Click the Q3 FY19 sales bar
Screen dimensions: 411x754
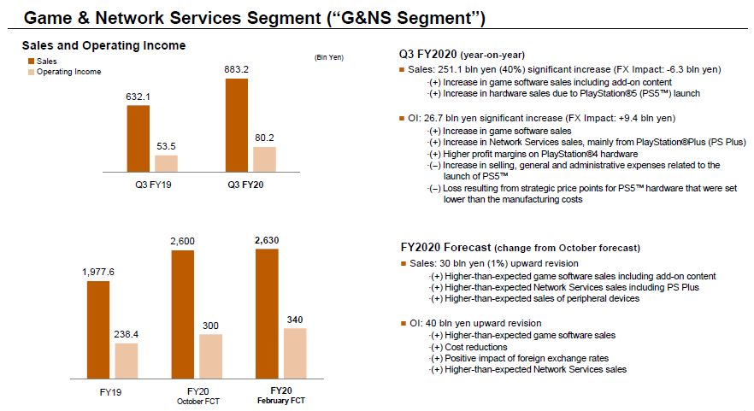coord(138,139)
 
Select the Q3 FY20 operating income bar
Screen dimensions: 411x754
coord(264,160)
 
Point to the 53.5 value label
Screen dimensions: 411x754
coord(166,146)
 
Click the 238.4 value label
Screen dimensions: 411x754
coord(127,335)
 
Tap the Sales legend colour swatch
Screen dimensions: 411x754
coord(29,62)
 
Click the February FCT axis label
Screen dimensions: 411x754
coord(280,401)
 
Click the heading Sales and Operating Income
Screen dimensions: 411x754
coord(103,45)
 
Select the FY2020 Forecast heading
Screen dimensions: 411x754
coord(513,248)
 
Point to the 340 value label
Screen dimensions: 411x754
coord(294,320)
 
